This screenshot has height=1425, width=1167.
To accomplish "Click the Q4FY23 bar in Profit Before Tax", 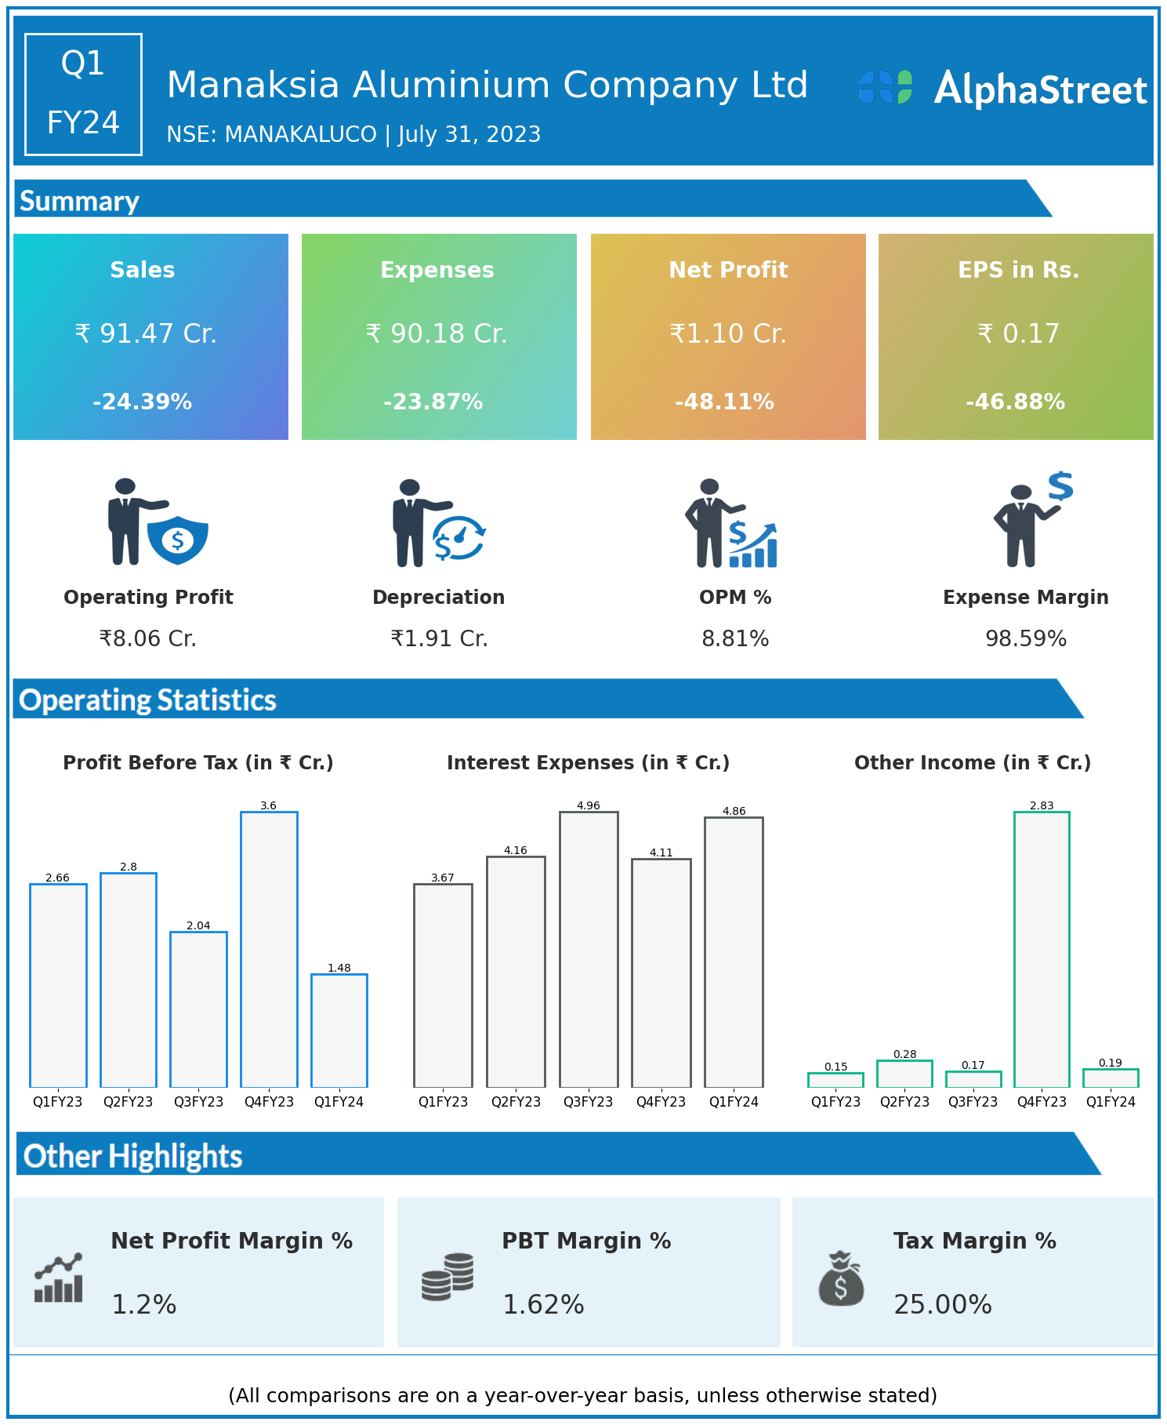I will pos(269,949).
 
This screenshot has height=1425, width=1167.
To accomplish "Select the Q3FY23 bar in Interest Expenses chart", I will pos(589,949).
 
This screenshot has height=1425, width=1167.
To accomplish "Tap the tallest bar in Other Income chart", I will pos(1042,949).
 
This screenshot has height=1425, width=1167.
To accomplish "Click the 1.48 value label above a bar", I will pos(339,968).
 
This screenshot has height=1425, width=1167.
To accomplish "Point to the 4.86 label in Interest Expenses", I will pos(734,811).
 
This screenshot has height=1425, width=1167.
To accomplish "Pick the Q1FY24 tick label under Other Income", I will pos(1111,1102).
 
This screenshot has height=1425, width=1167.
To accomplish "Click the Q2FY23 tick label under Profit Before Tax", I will pos(129,1102).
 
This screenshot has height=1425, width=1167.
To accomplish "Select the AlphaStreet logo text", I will pos(1040,89).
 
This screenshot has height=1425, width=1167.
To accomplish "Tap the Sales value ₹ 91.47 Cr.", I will pos(146,334).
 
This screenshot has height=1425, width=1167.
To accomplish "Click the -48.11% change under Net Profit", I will pos(724,402).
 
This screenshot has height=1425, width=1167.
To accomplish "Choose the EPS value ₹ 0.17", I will pos(1018,334).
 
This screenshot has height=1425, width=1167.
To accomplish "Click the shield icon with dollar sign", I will pos(178,540).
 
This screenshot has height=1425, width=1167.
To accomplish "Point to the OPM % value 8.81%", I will pos(735,639).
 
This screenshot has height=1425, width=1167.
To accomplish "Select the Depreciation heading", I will pos(439,598).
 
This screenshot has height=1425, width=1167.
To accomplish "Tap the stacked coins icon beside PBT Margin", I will pos(448,1277).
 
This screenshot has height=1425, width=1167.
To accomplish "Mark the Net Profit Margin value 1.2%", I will pos(144,1304).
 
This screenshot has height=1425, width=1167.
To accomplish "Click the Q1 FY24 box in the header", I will pos(84,94).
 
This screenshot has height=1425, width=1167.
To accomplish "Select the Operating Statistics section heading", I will pos(148,700).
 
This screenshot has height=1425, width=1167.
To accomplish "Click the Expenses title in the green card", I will pos(437,270).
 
